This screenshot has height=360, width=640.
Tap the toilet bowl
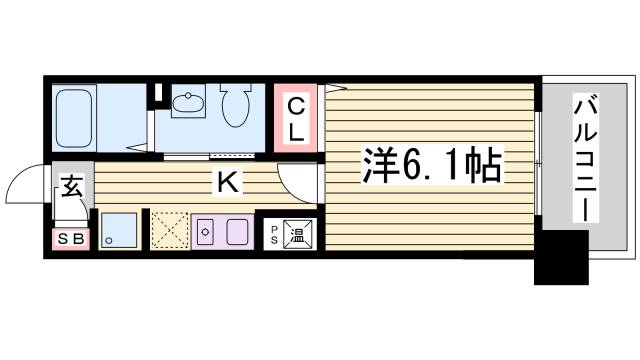(x=234, y=106)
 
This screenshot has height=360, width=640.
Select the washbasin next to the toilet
(x=188, y=102)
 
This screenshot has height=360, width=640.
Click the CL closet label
(x=297, y=117)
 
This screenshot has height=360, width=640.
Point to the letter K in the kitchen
(x=227, y=182)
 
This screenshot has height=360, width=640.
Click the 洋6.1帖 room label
(x=430, y=165)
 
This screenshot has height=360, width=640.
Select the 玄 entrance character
(x=72, y=187)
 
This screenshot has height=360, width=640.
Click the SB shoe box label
(x=70, y=240)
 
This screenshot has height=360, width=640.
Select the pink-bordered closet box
(x=298, y=117)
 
